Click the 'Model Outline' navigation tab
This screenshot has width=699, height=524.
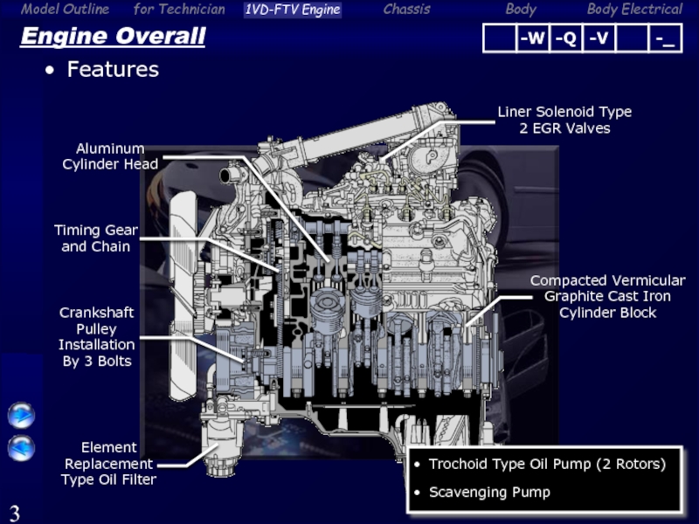click(x=65, y=9)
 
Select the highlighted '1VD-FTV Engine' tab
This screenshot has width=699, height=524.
click(x=293, y=10)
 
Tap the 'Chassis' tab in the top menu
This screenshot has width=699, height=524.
click(x=407, y=9)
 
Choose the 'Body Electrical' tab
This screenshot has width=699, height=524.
click(x=635, y=10)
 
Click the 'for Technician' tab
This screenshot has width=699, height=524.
click(x=179, y=9)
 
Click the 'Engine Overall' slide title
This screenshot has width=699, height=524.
click(x=114, y=36)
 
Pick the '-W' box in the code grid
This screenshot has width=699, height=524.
click(x=533, y=38)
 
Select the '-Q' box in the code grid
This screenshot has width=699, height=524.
click(x=565, y=38)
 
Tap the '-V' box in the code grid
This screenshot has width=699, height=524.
click(x=599, y=38)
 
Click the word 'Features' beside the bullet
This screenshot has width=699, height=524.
click(x=113, y=70)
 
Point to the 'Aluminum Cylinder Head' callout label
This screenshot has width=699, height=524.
click(x=110, y=156)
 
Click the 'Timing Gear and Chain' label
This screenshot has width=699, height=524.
click(x=96, y=238)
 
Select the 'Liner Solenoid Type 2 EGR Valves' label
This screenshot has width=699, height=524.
click(x=564, y=120)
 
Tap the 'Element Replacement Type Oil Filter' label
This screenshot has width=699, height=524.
click(x=108, y=464)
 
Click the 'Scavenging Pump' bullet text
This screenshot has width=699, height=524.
click(x=489, y=493)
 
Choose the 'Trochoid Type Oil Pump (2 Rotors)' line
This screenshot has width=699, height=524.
click(x=548, y=465)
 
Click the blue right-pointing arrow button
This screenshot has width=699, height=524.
click(x=21, y=416)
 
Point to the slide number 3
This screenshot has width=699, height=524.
click(x=15, y=514)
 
